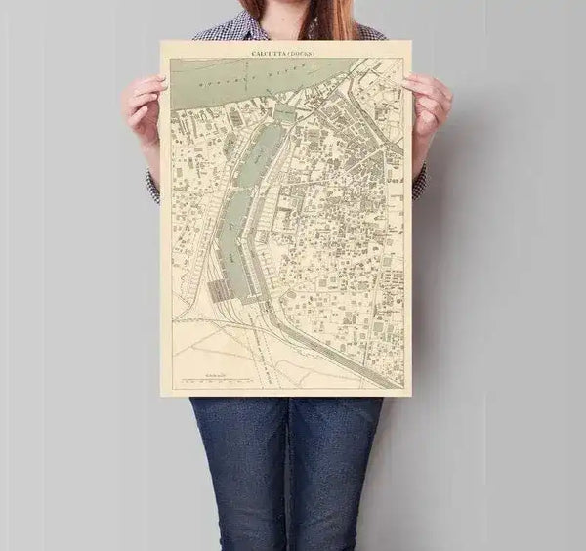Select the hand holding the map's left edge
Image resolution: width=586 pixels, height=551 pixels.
pyautogui.click(x=144, y=107)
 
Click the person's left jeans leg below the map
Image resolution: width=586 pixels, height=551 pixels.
pyautogui.click(x=239, y=469)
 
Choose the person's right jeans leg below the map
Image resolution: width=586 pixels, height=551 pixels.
pyautogui.click(x=337, y=469)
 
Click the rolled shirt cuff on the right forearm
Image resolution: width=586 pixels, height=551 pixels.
pyautogui.click(x=419, y=182)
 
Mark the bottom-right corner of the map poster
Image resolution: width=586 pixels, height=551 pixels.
pyautogui.click(x=410, y=395)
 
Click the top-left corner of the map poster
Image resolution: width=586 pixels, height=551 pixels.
pyautogui.click(x=162, y=42)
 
